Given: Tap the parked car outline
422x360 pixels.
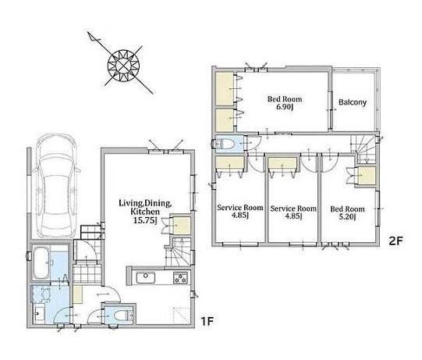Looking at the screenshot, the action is (55, 186).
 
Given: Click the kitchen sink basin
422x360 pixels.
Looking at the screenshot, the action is (146, 278).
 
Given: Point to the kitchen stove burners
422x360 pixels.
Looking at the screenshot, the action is (181, 278).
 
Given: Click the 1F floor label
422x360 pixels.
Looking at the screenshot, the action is (207, 321).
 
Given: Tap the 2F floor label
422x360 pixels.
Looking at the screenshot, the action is (395, 241).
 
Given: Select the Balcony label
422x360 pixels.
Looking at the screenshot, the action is (353, 102).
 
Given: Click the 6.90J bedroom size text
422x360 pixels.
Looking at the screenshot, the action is (284, 107).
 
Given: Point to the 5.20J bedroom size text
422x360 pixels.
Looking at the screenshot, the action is (347, 217).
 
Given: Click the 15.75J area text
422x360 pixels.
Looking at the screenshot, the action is (145, 220).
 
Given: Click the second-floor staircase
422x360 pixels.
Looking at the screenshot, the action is (365, 148).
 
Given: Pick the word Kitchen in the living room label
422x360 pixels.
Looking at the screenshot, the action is (145, 212).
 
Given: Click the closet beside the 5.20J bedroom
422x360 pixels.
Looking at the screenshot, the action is (367, 176).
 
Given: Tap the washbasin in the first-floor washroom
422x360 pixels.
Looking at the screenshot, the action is (39, 315).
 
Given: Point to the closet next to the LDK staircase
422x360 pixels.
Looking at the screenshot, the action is (182, 225).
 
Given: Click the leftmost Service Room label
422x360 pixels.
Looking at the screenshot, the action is (240, 208).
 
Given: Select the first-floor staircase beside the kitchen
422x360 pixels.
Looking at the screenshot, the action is (179, 252).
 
